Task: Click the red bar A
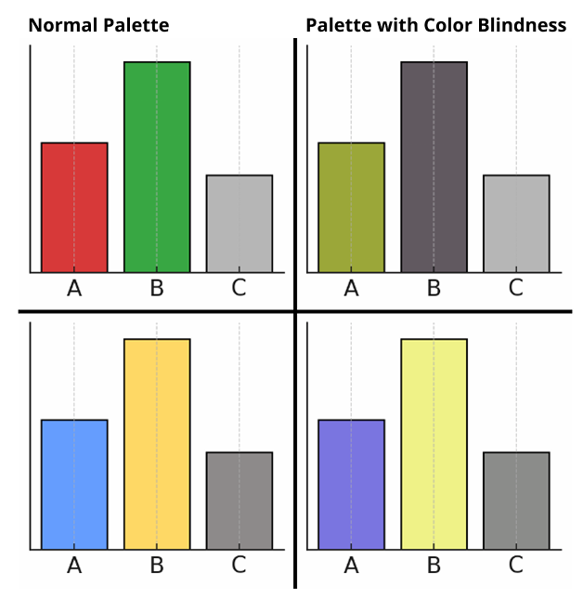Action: point(74,207)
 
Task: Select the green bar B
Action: point(157,167)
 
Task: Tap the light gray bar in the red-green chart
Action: point(239,224)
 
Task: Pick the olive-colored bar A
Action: point(351,207)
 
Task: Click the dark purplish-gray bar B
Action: point(434,167)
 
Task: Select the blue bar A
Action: point(74,484)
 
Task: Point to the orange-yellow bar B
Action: point(157,444)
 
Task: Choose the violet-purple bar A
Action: point(351,484)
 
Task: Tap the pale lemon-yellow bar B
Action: point(434,444)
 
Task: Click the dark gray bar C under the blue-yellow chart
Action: point(239,501)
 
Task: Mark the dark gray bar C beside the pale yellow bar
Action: point(516,501)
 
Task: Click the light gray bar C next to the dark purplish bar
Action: point(516,224)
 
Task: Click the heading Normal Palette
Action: point(98,25)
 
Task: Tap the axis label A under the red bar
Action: point(74,289)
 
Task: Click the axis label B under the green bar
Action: point(157,289)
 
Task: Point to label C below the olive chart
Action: point(516,289)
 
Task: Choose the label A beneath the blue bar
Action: point(74,565)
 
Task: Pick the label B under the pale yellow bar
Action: point(434,565)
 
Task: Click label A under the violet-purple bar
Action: point(351,565)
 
